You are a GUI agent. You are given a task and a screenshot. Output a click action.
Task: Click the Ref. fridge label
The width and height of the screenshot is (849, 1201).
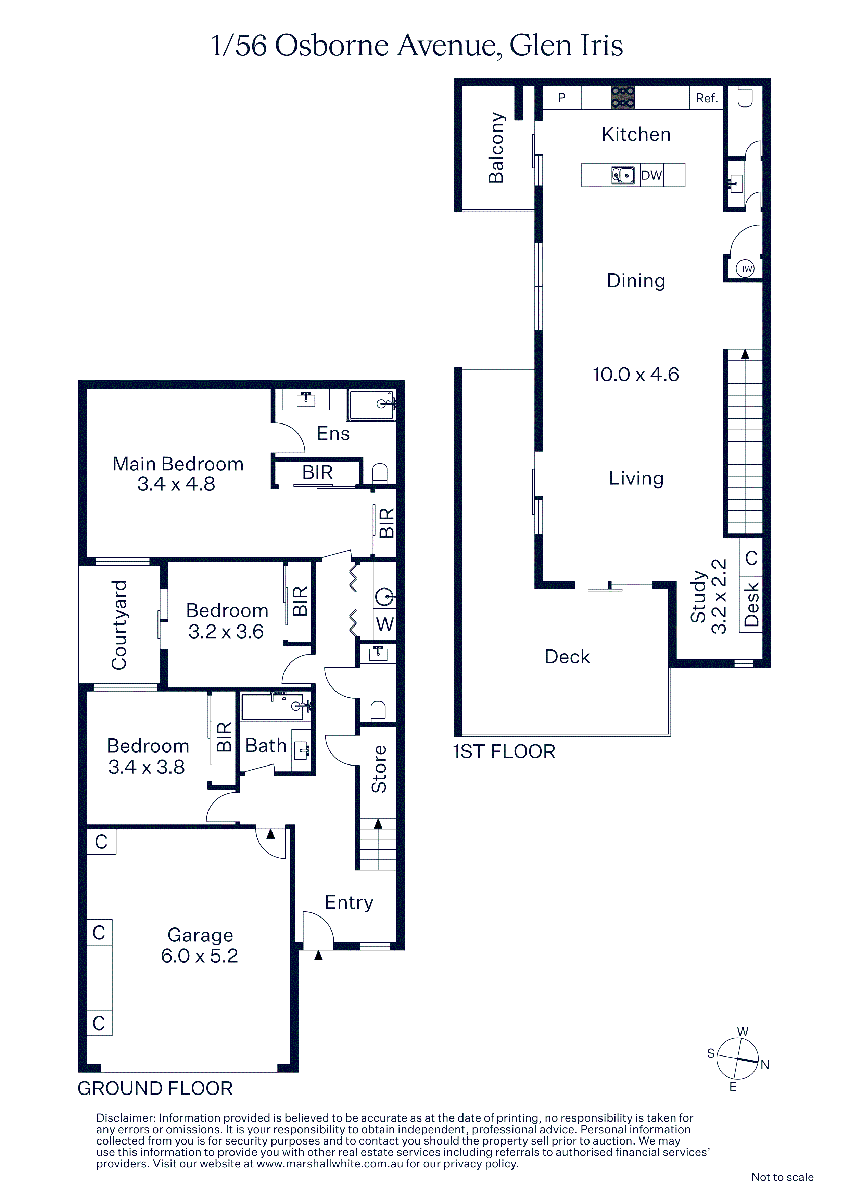point(707,98)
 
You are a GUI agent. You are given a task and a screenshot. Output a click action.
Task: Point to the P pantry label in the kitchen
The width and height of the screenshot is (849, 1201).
point(561,98)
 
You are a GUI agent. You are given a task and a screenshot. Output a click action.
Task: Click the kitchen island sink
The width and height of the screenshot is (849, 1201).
point(622,175)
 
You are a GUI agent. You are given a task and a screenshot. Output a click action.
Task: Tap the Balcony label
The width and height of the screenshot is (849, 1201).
point(496,148)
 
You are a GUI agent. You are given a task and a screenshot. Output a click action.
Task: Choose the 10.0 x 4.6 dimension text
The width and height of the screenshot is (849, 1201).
point(636,375)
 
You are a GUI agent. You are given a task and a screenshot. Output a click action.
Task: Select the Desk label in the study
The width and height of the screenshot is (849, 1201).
point(751,604)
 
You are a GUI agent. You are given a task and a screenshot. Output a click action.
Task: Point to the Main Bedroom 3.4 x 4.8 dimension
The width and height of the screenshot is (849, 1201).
point(176,484)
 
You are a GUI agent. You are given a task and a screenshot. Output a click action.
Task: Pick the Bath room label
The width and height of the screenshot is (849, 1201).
point(266,745)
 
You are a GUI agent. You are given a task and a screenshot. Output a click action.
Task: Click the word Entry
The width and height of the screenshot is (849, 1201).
point(349,902)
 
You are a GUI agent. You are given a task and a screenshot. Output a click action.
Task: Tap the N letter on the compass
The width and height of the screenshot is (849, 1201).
point(765,1065)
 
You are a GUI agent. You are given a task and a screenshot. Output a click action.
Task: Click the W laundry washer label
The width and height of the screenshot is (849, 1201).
point(385,624)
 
